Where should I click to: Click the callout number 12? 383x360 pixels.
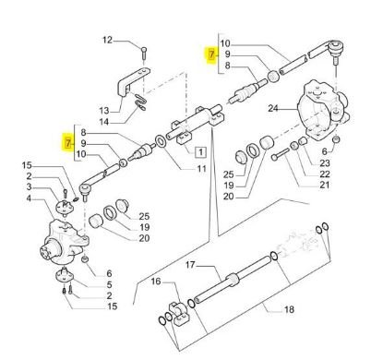(x=107, y=41)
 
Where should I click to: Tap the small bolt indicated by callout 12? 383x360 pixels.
(x=144, y=53)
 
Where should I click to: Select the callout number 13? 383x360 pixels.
(x=104, y=110)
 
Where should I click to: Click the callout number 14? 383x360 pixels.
(x=104, y=122)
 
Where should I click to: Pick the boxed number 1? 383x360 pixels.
(x=200, y=152)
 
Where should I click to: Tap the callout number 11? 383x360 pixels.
(x=201, y=169)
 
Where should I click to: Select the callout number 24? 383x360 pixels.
(x=273, y=108)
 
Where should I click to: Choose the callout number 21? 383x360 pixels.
(x=324, y=185)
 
